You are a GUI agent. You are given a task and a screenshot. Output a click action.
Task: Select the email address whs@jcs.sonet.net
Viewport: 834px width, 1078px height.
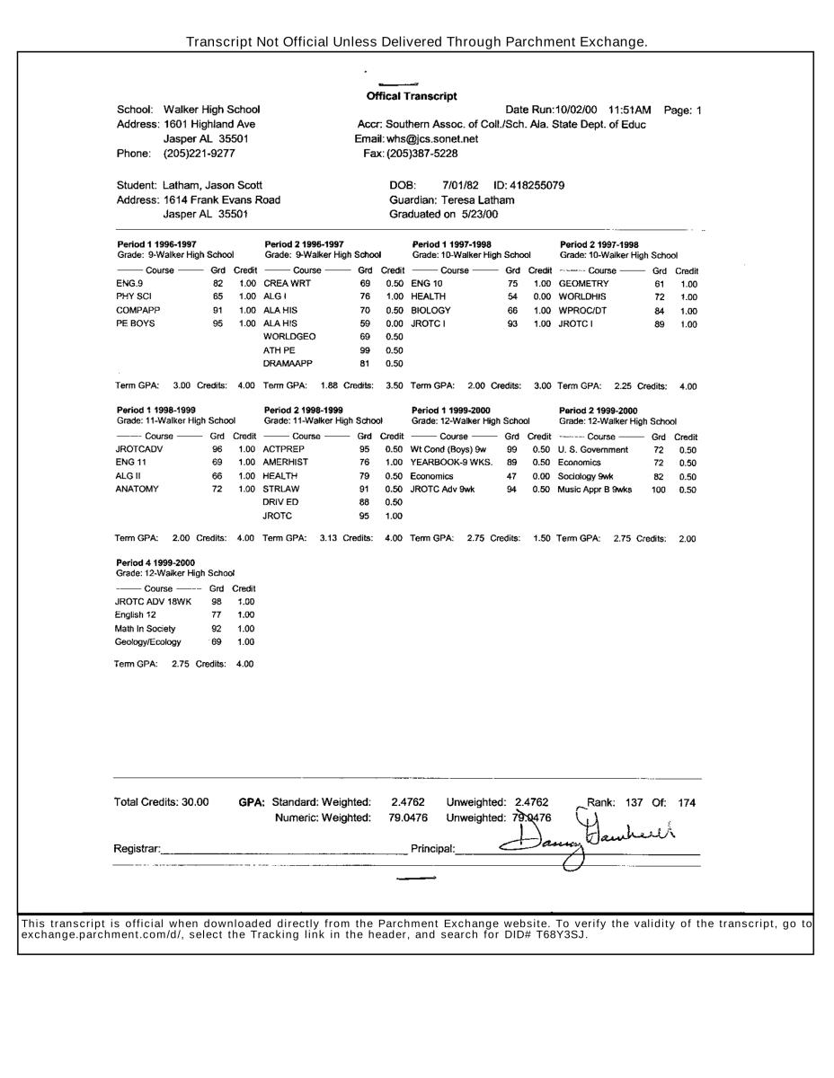point(432,139)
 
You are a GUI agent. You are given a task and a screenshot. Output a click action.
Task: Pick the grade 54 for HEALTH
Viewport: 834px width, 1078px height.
point(512,296)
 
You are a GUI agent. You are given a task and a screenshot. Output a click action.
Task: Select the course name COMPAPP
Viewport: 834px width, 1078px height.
point(134,310)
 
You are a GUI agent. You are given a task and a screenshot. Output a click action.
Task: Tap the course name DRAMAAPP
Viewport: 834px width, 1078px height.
point(288,364)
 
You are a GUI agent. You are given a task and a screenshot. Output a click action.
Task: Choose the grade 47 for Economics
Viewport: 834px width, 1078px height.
point(512,476)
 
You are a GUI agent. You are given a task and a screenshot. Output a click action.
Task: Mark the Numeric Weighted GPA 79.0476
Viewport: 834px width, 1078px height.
point(408,817)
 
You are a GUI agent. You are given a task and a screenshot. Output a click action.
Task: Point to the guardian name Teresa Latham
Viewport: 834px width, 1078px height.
point(478,200)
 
